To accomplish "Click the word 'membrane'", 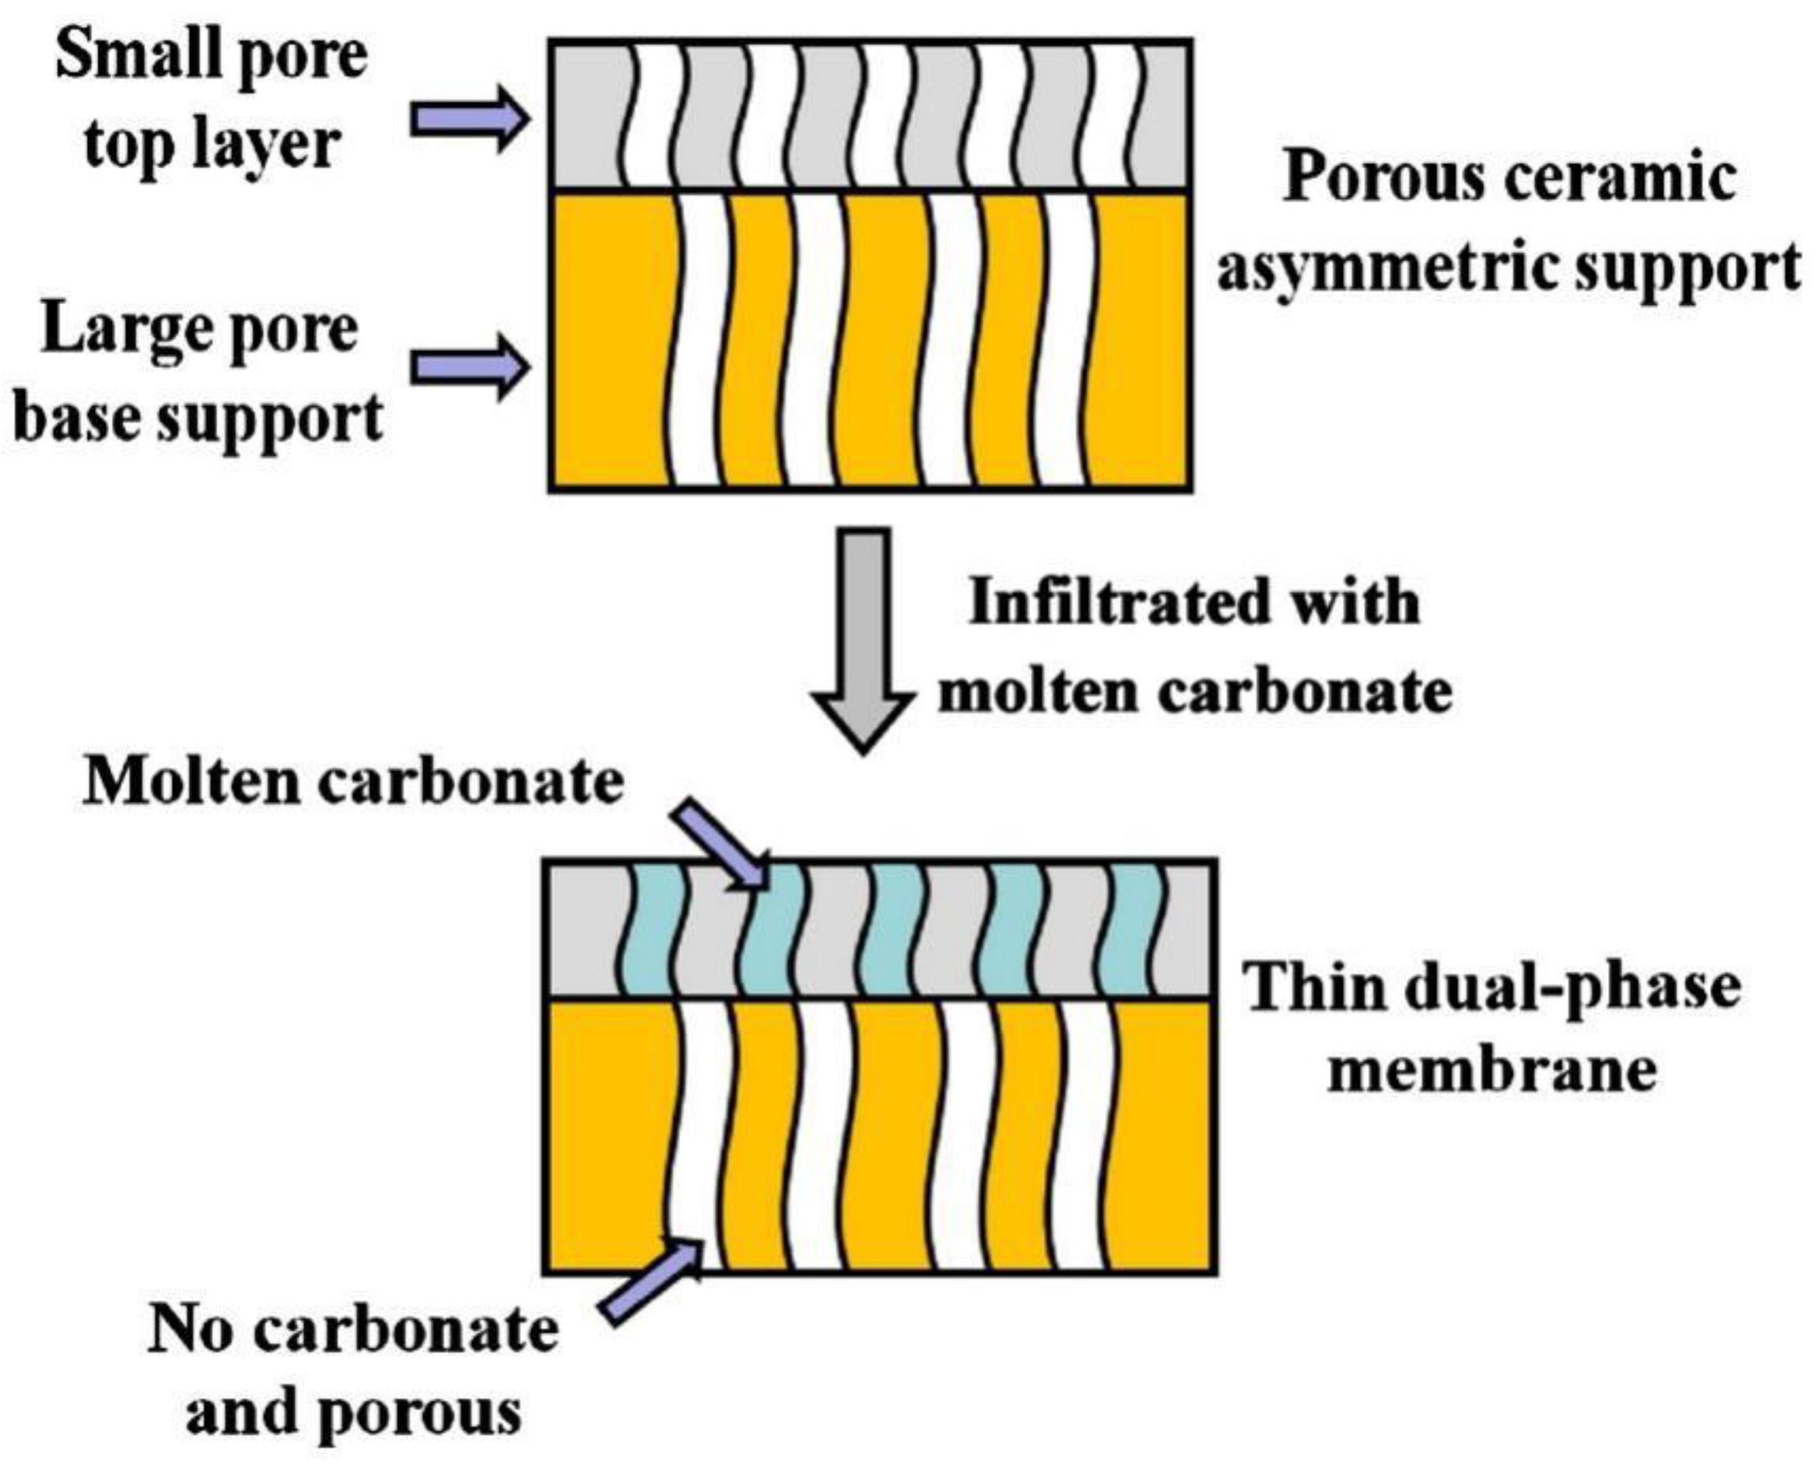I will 1491,1070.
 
